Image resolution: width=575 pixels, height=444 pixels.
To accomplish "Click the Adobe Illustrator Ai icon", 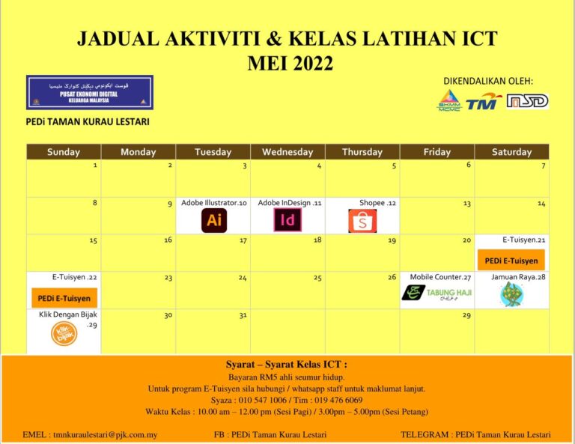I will (214, 220).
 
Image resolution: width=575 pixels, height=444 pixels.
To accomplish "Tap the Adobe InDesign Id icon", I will (287, 220).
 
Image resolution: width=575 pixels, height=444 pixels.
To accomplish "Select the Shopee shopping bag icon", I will (362, 221).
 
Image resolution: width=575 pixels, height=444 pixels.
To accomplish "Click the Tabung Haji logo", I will (436, 293).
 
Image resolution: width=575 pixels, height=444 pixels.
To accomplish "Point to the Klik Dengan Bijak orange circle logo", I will (64, 334).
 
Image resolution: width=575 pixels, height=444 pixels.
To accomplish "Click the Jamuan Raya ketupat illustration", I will (511, 294).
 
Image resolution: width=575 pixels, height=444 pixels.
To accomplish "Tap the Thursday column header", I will (362, 152).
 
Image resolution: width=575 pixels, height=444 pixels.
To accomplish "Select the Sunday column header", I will (64, 152).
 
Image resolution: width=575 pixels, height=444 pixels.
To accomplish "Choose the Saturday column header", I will (511, 152).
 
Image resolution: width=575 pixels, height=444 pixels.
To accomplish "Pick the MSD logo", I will (527, 101).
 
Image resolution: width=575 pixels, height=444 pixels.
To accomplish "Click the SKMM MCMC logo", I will (449, 100).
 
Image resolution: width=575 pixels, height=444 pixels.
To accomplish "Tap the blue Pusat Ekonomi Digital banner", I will (90, 92).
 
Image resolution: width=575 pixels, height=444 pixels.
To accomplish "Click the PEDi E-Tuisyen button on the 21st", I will (511, 261).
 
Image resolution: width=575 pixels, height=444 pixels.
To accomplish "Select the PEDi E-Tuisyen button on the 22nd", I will (64, 298).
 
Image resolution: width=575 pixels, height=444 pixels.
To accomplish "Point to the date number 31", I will (242, 314).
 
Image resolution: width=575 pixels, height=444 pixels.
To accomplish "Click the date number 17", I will (243, 240).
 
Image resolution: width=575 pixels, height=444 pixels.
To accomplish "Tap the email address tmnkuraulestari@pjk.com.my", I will (90, 434).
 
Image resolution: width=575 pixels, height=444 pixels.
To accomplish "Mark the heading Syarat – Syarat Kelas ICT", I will (287, 365).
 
